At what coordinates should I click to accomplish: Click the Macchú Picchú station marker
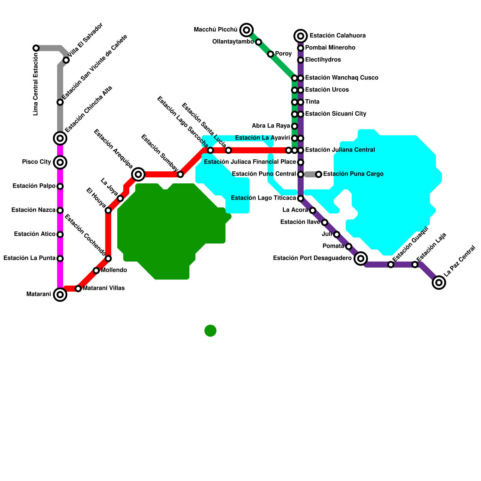pyautogui.click(x=247, y=30)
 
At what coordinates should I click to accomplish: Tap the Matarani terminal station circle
pyautogui.click(x=60, y=295)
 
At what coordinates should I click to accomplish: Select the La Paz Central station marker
pyautogui.click(x=439, y=283)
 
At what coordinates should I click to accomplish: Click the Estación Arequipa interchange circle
pyautogui.click(x=138, y=174)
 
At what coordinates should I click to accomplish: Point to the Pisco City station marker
pyautogui.click(x=60, y=162)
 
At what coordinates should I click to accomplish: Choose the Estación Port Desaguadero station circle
pyautogui.click(x=361, y=259)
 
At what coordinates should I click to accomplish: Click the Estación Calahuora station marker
pyautogui.click(x=301, y=36)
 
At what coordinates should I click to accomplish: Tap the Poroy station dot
pyautogui.click(x=271, y=54)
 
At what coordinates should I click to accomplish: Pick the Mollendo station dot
pyautogui.click(x=96, y=271)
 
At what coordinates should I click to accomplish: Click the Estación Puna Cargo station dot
pyautogui.click(x=319, y=174)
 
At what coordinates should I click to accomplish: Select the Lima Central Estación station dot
pyautogui.click(x=36, y=48)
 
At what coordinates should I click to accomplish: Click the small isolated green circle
pyautogui.click(x=210, y=331)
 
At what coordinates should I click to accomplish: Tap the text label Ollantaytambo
pyautogui.click(x=233, y=42)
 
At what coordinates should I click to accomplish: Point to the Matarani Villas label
pyautogui.click(x=104, y=288)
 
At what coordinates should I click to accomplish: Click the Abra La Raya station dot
pyautogui.click(x=295, y=126)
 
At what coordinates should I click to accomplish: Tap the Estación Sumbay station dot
pyautogui.click(x=180, y=174)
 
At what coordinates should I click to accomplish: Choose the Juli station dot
pyautogui.click(x=337, y=234)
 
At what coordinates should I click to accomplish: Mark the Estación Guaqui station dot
pyautogui.click(x=391, y=265)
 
